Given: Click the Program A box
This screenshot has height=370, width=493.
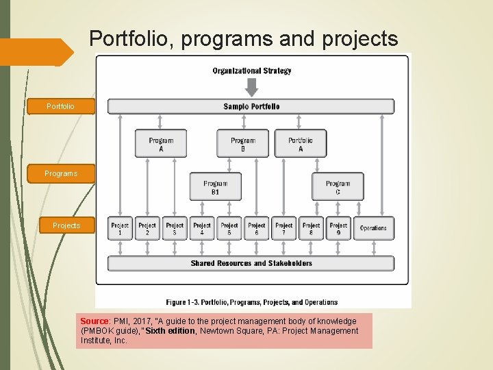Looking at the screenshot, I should click(x=161, y=144).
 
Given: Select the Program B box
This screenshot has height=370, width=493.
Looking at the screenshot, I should click(x=243, y=144).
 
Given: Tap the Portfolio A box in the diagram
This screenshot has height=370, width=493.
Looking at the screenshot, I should click(x=301, y=144).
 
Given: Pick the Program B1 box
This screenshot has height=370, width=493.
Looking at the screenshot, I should click(x=215, y=186).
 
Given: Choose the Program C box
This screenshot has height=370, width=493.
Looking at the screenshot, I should click(x=338, y=186).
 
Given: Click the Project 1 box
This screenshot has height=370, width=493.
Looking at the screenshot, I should click(x=120, y=228).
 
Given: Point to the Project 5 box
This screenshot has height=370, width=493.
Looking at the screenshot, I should click(x=229, y=228).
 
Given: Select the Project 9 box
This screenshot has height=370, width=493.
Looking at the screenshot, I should click(x=338, y=228).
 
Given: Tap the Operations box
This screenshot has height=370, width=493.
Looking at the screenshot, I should click(x=373, y=228).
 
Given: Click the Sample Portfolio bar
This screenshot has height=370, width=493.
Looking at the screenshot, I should click(x=251, y=106).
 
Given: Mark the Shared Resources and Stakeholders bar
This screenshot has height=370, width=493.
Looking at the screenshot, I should click(x=251, y=263).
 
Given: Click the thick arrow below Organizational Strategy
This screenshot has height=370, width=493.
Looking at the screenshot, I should click(x=251, y=87).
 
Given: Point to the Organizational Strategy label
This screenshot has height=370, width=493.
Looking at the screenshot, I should click(x=251, y=71).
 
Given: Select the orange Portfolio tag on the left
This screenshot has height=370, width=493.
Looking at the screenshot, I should click(x=60, y=107).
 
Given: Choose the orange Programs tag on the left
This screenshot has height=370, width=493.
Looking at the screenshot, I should click(x=61, y=173).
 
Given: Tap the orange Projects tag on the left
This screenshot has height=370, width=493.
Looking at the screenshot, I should click(x=66, y=225).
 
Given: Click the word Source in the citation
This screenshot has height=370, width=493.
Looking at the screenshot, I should click(x=94, y=321).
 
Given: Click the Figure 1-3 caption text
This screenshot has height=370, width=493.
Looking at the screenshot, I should click(x=251, y=301).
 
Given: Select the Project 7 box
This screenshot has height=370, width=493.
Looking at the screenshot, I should click(x=284, y=228).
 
